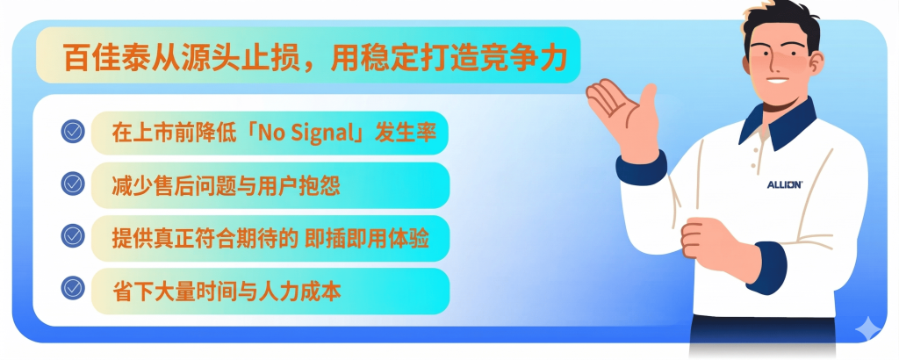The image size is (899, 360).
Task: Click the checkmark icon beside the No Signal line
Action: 73,132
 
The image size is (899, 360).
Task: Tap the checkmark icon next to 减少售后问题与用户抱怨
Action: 73,184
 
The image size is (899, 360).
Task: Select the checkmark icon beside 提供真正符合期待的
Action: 73,235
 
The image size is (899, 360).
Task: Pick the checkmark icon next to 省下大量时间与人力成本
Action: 73,288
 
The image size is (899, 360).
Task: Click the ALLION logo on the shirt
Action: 785,184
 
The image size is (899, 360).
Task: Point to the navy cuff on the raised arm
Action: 640,168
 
